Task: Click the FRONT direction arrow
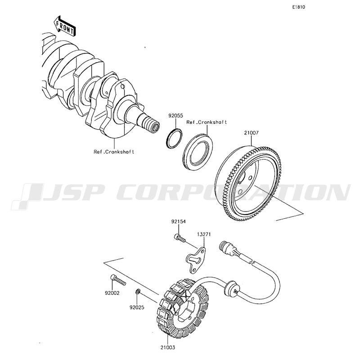65,26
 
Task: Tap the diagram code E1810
298,7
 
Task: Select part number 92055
175,116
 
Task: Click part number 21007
251,133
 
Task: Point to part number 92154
178,222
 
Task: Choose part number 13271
204,234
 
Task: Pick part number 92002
112,293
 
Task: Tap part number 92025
137,307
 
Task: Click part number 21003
167,347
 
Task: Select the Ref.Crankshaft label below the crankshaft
114,152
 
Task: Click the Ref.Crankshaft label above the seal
207,122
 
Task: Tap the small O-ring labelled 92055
174,139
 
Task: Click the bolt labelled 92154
180,238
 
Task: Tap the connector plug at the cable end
227,248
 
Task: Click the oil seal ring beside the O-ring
198,153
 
